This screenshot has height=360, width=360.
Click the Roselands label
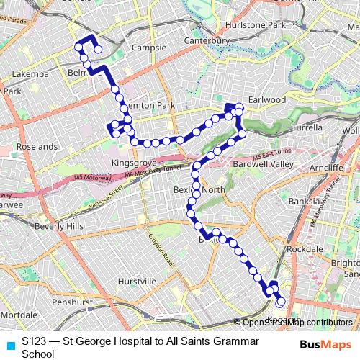click(27, 145)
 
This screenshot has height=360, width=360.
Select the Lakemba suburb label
click(30, 73)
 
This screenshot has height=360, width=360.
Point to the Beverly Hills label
click(59, 225)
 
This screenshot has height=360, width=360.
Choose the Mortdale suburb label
click(19, 315)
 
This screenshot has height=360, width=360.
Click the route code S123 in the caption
click(35, 339)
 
